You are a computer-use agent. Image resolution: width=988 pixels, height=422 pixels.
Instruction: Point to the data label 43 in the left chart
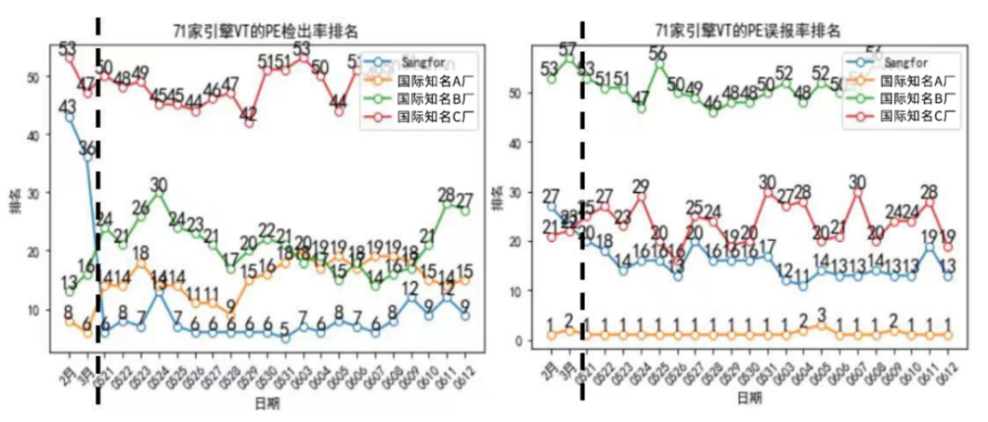(68, 106)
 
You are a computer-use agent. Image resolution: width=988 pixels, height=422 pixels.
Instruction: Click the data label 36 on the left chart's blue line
(88, 148)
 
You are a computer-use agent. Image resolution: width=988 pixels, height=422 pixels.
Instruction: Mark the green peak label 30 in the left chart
(159, 183)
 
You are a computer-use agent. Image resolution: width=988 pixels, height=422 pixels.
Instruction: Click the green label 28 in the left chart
(446, 194)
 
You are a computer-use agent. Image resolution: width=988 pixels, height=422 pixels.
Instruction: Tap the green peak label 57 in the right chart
(569, 49)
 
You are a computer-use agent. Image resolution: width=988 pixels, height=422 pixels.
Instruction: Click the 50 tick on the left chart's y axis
(37, 77)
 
